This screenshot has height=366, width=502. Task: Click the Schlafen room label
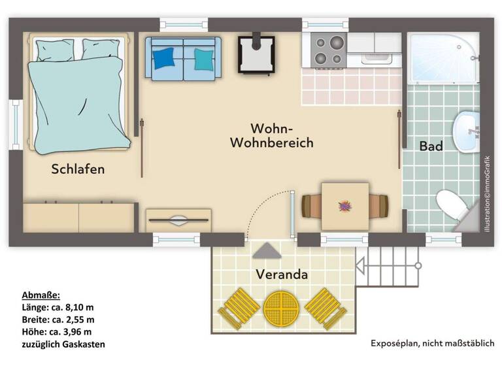[x=78, y=169]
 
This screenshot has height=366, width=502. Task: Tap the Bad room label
[x=431, y=146]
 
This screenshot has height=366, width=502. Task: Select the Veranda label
[x=282, y=274]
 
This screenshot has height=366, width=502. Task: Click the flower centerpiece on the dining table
[x=344, y=206]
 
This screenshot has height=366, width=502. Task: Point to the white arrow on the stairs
[x=361, y=266]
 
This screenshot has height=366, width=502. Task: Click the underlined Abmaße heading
[x=41, y=295]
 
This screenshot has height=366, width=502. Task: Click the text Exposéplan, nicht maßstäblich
[x=432, y=343]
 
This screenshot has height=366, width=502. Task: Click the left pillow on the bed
[x=58, y=48]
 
